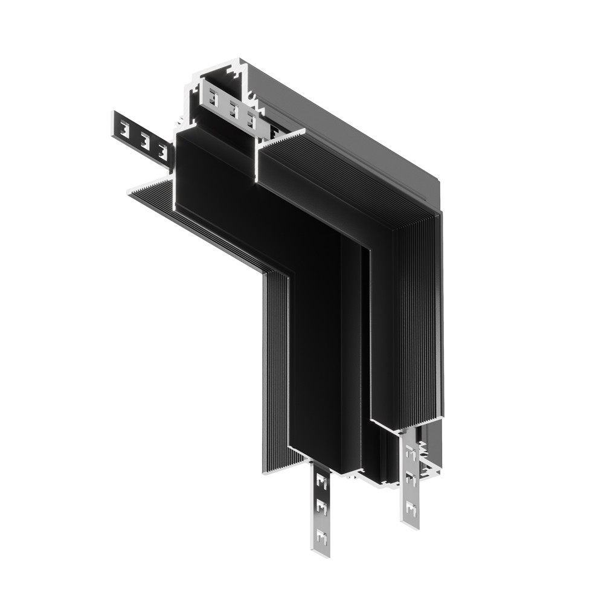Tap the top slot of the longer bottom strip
[x=321, y=483]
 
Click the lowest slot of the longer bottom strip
[x=321, y=535]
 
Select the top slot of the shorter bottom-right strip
[x=411, y=451]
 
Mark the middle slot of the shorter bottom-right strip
[x=411, y=480]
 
